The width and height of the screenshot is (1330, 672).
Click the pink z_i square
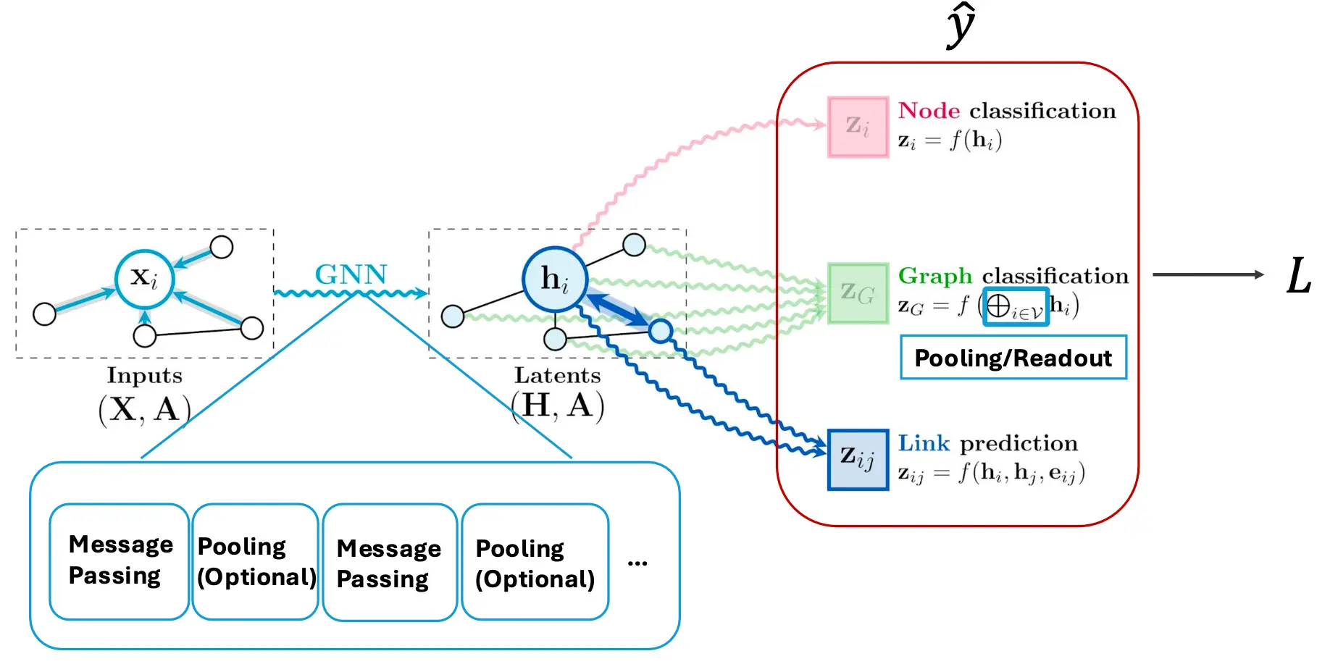pyautogui.click(x=858, y=127)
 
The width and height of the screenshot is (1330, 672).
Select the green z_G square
pyautogui.click(x=858, y=293)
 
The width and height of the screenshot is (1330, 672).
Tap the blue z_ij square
pyautogui.click(x=858, y=459)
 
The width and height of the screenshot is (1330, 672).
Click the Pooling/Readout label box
pyautogui.click(x=1013, y=357)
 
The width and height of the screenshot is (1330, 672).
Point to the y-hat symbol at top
pyautogui.click(x=961, y=25)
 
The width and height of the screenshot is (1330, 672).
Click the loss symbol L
pyautogui.click(x=1299, y=276)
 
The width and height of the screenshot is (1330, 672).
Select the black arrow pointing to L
pyautogui.click(x=1208, y=274)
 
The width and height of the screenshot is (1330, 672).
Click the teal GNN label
pyautogui.click(x=351, y=274)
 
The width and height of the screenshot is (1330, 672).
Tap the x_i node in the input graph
pyautogui.click(x=145, y=279)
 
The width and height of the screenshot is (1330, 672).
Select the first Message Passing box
pyautogui.click(x=120, y=561)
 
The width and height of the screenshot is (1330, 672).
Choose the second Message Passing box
pyautogui.click(x=390, y=563)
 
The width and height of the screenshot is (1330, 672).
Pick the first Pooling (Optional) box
pyautogui.click(x=256, y=561)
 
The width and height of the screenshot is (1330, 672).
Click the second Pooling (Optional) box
pyautogui.click(x=535, y=562)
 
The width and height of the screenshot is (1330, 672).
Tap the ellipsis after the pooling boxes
pyautogui.click(x=637, y=563)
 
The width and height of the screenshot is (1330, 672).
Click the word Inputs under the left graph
pyautogui.click(x=145, y=375)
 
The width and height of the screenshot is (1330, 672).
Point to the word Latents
pyautogui.click(x=558, y=375)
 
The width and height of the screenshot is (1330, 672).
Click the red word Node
pyautogui.click(x=929, y=111)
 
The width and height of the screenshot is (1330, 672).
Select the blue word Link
pyautogui.click(x=924, y=443)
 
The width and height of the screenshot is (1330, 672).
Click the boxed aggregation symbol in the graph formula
pyautogui.click(x=1016, y=307)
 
